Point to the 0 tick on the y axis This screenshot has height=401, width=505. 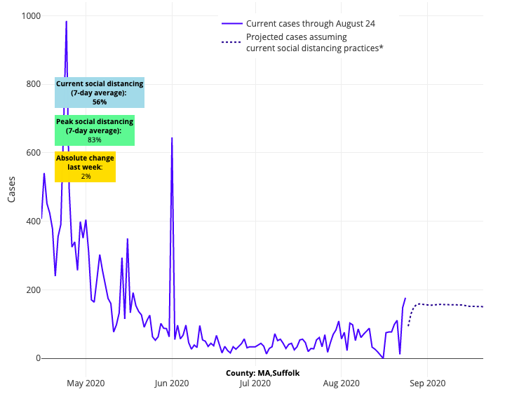click(38, 358)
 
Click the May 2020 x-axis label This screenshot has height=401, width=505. click(86, 383)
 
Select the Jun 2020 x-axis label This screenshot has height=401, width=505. click(172, 383)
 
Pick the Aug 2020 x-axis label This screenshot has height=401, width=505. click(341, 383)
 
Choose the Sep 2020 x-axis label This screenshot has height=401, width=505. click(427, 383)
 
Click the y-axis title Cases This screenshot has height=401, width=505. click(12, 188)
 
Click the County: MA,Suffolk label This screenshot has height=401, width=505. click(262, 373)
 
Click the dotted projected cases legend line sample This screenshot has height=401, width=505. click(231, 42)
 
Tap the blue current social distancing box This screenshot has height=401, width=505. click(100, 93)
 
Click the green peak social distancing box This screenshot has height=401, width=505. click(95, 130)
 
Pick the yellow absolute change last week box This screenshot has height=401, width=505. click(85, 167)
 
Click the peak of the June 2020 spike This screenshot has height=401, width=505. click(172, 138)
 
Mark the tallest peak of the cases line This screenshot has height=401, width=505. click(67, 22)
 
